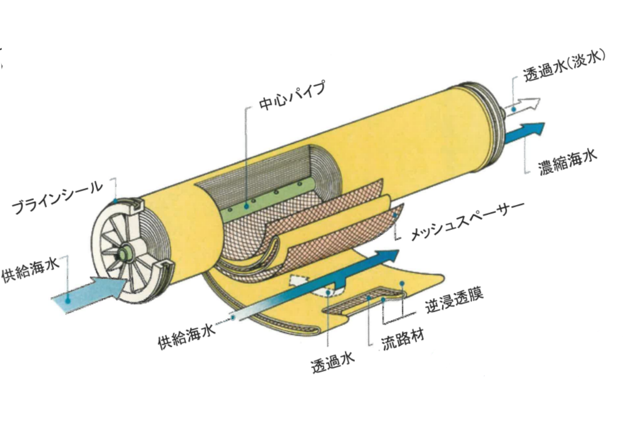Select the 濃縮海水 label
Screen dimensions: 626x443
pos(567,162)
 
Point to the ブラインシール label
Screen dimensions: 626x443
pos(57,197)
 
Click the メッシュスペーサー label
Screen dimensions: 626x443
pos(467,221)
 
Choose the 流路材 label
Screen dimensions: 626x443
pos(403,340)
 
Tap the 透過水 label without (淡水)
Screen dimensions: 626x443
pos(333,362)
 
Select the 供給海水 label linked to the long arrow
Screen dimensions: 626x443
pos(187,336)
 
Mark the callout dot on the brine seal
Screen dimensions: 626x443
pos(115,200)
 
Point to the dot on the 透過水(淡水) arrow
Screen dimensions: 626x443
pos(514,108)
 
